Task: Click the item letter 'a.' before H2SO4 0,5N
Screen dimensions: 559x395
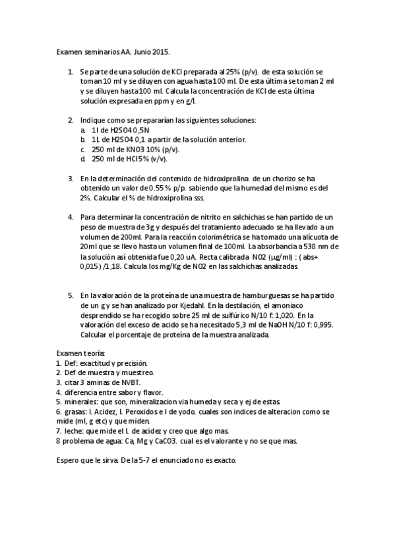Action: pyautogui.click(x=83, y=131)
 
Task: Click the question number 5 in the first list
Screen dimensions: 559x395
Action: pyautogui.click(x=70, y=295)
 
